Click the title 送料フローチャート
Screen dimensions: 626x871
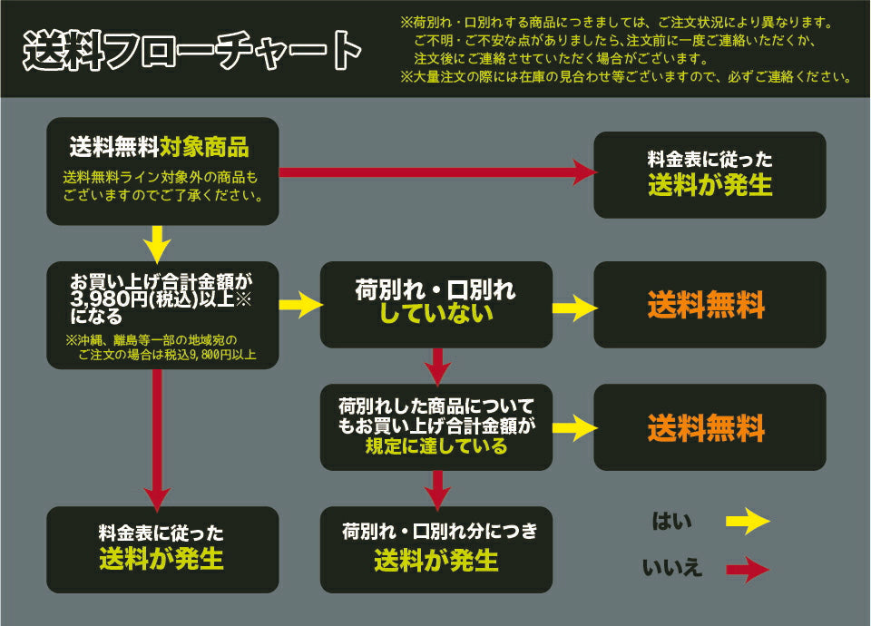point(191,51)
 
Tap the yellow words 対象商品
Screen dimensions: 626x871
point(204,146)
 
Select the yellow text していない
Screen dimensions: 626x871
point(435,314)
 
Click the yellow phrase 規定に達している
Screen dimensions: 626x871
point(435,446)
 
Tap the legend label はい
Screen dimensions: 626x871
point(672,522)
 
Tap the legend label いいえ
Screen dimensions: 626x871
point(672,569)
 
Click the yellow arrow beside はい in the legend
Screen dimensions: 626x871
point(748,522)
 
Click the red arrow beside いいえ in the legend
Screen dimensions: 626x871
point(748,570)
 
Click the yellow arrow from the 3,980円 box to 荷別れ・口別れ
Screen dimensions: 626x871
point(300,305)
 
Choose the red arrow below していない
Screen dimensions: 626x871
point(438,365)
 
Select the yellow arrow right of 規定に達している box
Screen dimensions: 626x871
point(573,427)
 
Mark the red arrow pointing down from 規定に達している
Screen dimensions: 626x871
point(438,488)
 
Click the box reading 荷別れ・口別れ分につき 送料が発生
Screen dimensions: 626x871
point(436,549)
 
